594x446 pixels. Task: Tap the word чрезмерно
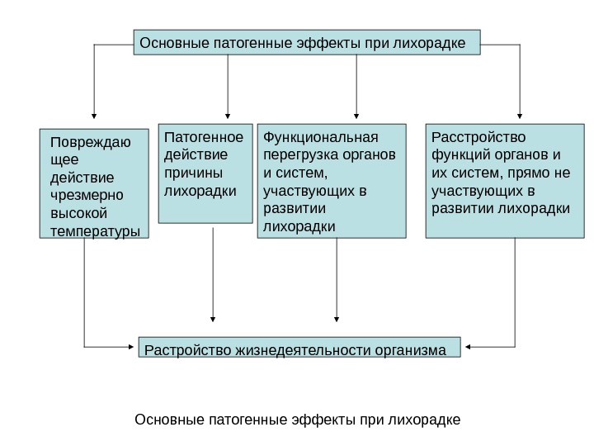(x=86, y=196)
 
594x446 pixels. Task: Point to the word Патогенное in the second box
(x=205, y=136)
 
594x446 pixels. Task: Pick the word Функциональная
(x=319, y=136)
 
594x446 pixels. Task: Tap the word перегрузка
(x=299, y=154)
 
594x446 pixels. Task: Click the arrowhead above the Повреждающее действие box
(x=95, y=116)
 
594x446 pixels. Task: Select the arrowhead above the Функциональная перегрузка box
(x=356, y=116)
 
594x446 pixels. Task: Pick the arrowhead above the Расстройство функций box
(x=520, y=116)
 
